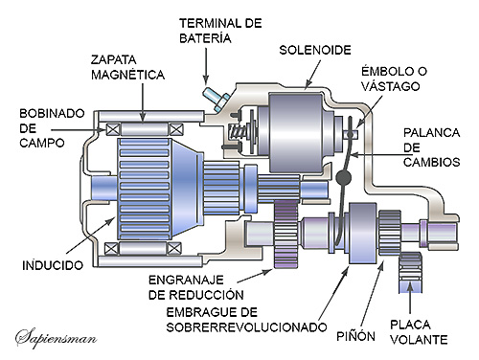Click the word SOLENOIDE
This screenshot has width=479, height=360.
pos(315,50)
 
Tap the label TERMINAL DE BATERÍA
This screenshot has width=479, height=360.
pos(220,31)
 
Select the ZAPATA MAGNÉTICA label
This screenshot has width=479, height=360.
pos(127,67)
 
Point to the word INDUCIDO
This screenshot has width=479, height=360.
pos(53,265)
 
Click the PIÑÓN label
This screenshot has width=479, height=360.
pos(355,336)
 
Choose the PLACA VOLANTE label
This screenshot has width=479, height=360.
pos(419,332)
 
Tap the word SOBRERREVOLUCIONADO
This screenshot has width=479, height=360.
pos(246,327)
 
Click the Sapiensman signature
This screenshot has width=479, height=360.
pos(57,338)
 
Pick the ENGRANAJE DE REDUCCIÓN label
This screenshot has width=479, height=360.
pos(196,287)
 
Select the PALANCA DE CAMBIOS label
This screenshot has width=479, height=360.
pos(431,147)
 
